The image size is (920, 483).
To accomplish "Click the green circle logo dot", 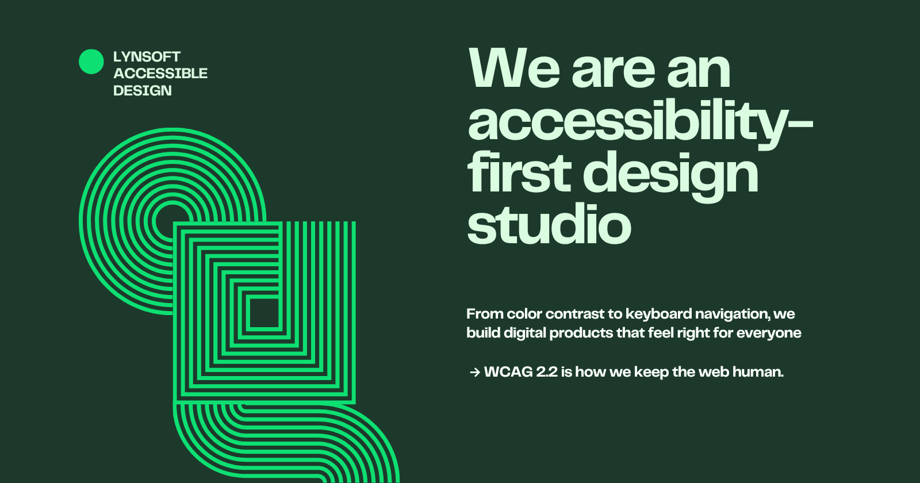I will click(91, 62).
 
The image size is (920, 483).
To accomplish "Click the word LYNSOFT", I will click(147, 57).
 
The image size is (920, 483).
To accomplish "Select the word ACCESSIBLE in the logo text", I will click(160, 74).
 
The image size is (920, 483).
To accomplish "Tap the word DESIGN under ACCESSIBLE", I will click(142, 91).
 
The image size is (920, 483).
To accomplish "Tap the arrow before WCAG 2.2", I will click(474, 373).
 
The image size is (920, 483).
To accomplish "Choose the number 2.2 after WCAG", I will click(547, 372).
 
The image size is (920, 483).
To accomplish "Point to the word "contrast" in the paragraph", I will click(574, 314).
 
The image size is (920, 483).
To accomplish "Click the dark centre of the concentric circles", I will click(170, 217).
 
